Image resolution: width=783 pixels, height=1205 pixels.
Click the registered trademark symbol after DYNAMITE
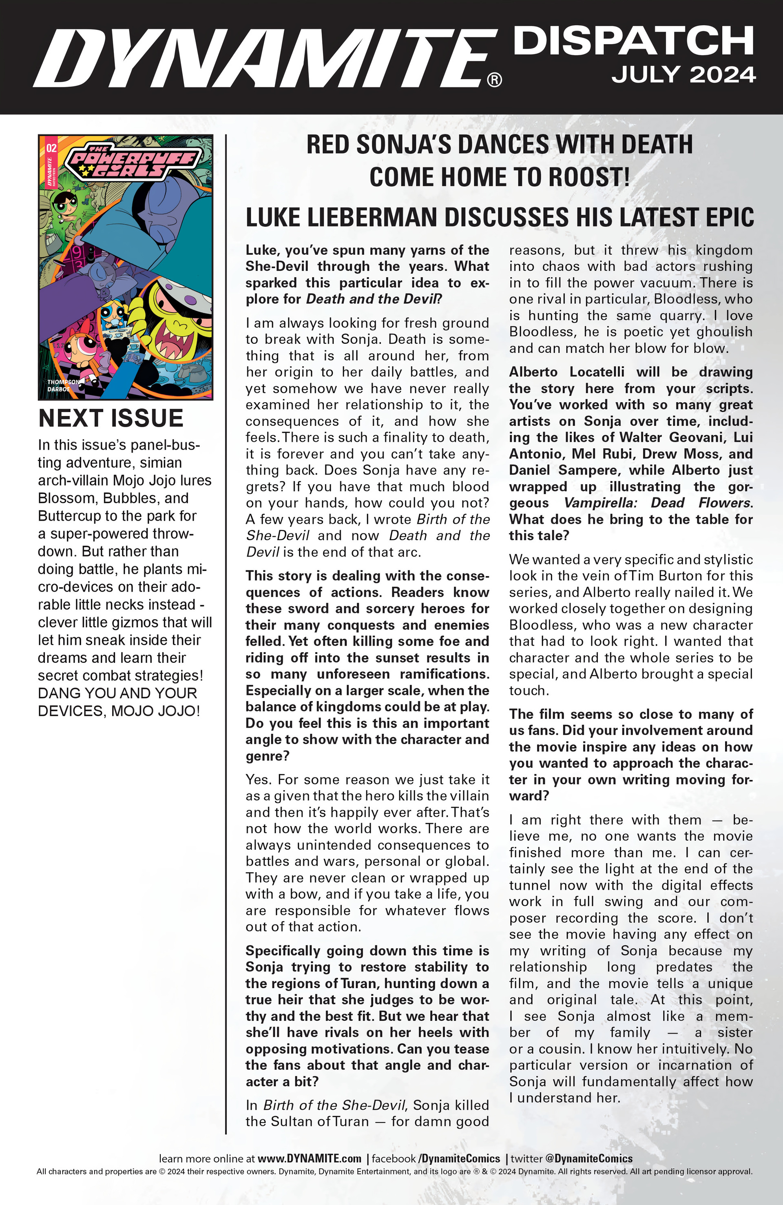(494, 80)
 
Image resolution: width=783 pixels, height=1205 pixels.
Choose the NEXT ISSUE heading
(111, 418)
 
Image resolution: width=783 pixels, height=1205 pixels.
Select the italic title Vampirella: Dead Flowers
(657, 503)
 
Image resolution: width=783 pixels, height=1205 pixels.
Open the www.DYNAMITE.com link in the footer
(309, 1158)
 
